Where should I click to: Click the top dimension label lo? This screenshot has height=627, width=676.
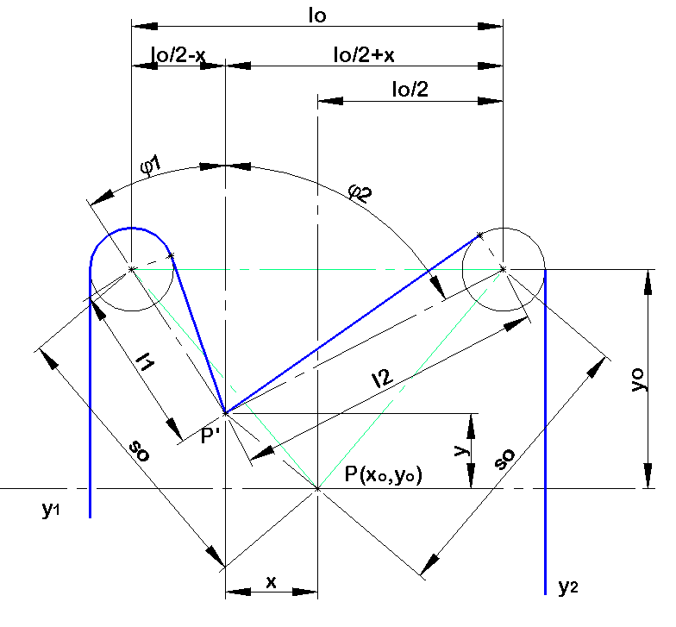(x=317, y=16)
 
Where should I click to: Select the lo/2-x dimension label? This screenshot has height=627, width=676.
(x=178, y=55)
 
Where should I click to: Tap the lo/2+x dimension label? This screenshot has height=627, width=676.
(x=364, y=55)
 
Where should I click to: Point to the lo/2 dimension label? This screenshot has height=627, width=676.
(x=410, y=90)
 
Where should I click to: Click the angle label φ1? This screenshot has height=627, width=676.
(x=150, y=166)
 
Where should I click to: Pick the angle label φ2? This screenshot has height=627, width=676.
(x=360, y=193)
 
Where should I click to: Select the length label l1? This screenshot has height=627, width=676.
(x=145, y=361)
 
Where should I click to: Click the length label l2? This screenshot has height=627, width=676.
(x=382, y=378)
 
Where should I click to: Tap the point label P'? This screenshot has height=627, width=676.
(x=210, y=436)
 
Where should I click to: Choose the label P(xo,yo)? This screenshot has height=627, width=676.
(x=384, y=474)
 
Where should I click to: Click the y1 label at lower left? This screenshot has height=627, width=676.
(x=51, y=510)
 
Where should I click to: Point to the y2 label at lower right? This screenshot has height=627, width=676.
(x=567, y=586)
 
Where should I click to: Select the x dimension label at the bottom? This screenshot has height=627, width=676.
(x=271, y=582)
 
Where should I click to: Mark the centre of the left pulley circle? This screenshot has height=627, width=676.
(x=131, y=269)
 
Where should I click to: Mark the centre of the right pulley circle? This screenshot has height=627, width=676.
(x=503, y=269)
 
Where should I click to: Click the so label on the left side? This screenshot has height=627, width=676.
(x=140, y=451)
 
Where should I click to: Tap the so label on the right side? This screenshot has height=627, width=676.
(x=504, y=459)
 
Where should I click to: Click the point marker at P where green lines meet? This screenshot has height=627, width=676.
(x=317, y=488)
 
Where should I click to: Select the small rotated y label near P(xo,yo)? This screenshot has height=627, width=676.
(x=462, y=450)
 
